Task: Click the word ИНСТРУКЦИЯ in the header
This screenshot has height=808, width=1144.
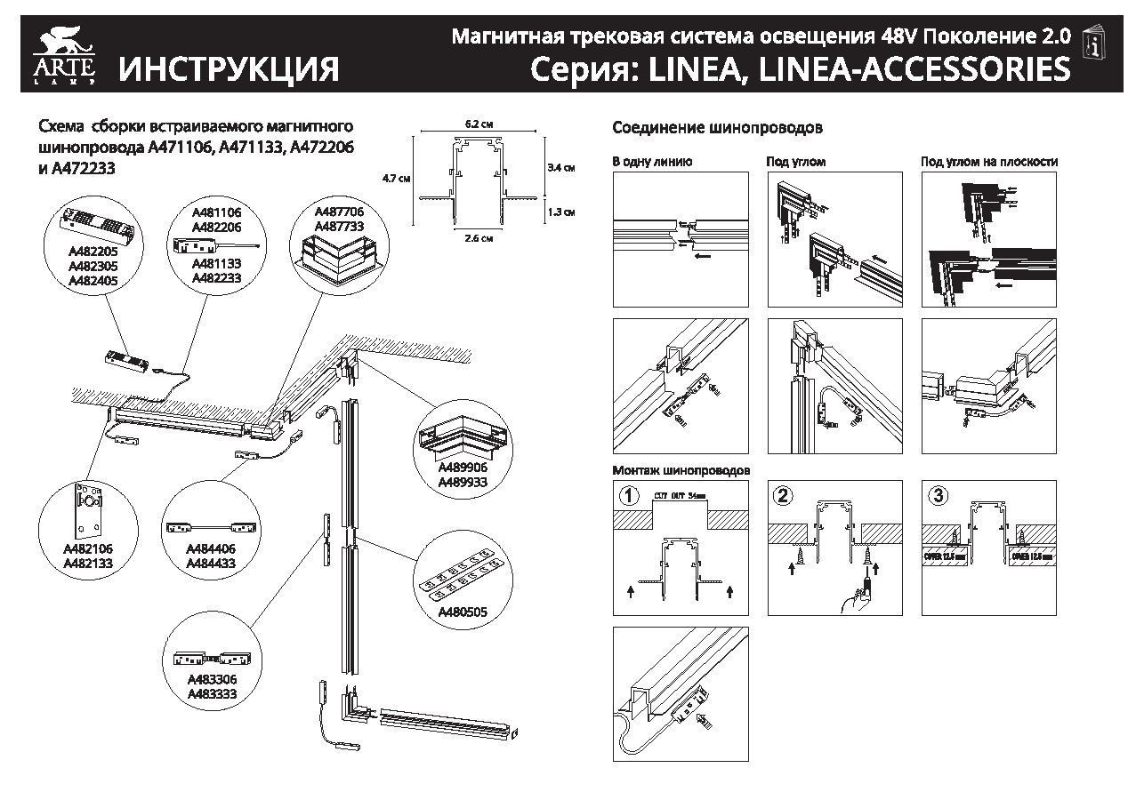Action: coord(230,68)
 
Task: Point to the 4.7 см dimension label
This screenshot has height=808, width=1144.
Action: coord(396,178)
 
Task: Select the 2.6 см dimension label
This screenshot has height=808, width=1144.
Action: coord(478,237)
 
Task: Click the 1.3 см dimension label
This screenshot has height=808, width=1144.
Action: coord(562,212)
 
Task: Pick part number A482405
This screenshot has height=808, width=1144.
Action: coord(93,280)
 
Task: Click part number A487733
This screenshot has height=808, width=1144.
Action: coord(339,226)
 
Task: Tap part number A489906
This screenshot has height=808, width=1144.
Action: coord(462,468)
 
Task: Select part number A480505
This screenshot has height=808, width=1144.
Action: coord(462,611)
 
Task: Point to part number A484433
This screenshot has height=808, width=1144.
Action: coord(210,563)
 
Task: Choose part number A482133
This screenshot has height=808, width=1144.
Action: coord(87,563)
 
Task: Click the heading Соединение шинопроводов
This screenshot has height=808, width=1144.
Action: coord(717,128)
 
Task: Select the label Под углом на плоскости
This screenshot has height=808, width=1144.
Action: coord(988,162)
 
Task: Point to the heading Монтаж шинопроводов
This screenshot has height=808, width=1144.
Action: coord(681,469)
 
